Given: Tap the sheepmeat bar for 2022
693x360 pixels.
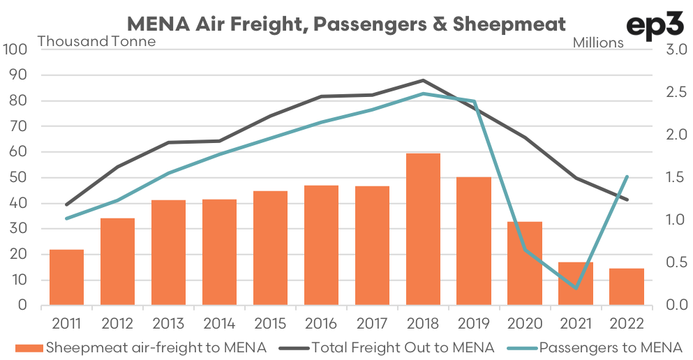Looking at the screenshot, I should point(627,287).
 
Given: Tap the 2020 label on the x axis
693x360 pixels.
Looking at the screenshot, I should point(525,324).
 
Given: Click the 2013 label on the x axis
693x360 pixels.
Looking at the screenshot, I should point(168,324).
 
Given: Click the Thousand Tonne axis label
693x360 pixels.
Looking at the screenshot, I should point(96,41).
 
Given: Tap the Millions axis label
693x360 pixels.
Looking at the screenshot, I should point(598,43).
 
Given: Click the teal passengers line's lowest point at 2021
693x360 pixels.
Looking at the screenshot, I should point(576,288).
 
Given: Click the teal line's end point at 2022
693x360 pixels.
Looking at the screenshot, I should point(627,177).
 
